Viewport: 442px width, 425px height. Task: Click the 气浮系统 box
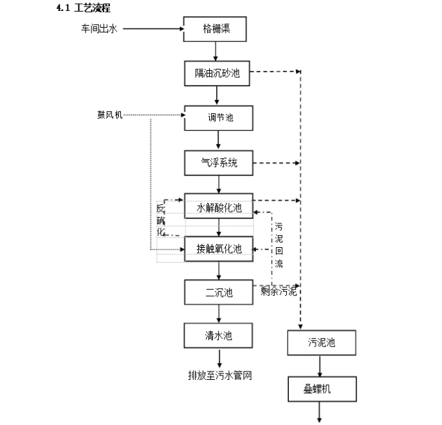pyautogui.click(x=219, y=163)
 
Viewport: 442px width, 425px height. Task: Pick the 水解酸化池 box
pyautogui.click(x=219, y=207)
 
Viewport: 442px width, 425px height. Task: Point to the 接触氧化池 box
pyautogui.click(x=219, y=249)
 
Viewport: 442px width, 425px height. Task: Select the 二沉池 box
pyautogui.click(x=219, y=293)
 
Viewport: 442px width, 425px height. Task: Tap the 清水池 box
pyautogui.click(x=219, y=335)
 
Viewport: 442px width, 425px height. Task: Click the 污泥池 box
pyautogui.click(x=320, y=343)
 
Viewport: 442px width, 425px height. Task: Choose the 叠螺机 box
pyautogui.click(x=320, y=388)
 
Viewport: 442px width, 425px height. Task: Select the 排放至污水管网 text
pyautogui.click(x=219, y=375)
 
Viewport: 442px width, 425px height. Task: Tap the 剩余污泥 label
pyautogui.click(x=279, y=292)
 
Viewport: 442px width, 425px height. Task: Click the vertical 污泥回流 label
pyautogui.click(x=279, y=245)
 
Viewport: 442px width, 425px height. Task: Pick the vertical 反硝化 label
pyautogui.click(x=160, y=220)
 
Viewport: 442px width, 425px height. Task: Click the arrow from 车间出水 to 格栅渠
pyautogui.click(x=152, y=28)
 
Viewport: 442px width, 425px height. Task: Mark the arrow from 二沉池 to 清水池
pyautogui.click(x=219, y=314)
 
